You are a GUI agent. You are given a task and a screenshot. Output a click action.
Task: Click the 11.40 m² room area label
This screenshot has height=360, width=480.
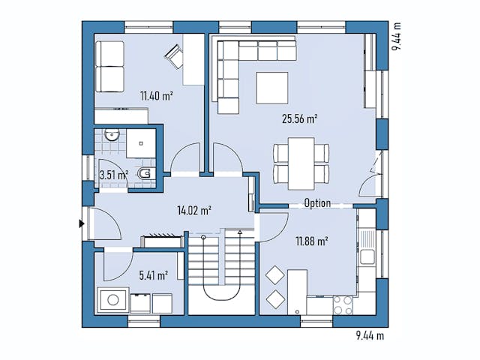(x=156, y=95)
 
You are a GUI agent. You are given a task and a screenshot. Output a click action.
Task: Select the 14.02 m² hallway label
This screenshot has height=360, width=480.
(x=193, y=210)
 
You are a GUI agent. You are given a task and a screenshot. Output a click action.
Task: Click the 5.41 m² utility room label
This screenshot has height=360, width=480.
(x=153, y=275)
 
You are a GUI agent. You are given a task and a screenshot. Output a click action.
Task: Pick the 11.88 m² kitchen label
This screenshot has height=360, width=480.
(x=311, y=241)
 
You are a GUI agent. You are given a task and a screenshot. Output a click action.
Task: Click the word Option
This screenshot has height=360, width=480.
(x=317, y=203)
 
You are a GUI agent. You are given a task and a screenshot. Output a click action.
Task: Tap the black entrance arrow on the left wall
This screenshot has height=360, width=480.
(x=81, y=223)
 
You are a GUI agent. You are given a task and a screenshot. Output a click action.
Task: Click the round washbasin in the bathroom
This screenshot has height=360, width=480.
(x=111, y=136)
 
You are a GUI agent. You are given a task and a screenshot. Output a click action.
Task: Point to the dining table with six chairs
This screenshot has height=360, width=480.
(x=301, y=163)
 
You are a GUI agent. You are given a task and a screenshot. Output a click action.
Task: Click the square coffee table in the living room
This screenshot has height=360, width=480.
(x=271, y=88)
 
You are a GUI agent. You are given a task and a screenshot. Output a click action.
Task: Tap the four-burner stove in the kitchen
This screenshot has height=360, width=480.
(x=342, y=304)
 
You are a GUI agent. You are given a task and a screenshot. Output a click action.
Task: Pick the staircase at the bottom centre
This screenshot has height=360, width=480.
(x=222, y=270)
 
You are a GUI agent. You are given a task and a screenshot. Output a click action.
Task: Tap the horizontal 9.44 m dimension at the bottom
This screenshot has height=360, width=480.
(x=368, y=335)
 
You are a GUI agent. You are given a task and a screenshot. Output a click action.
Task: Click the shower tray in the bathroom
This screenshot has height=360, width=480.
(x=140, y=142)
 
